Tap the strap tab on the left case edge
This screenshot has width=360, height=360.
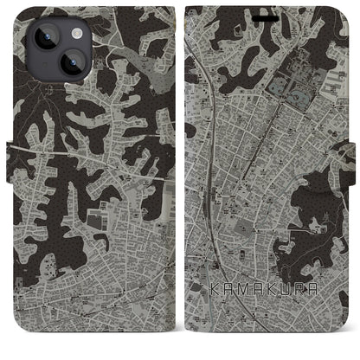(9, 156)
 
